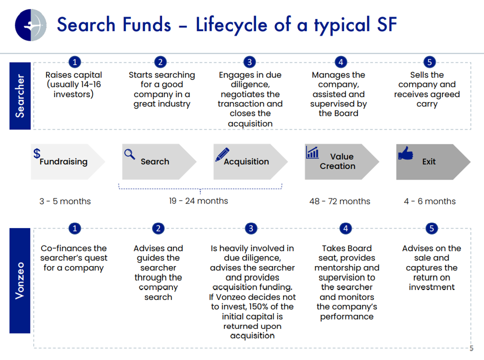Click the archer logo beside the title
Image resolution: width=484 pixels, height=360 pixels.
[x=30, y=25]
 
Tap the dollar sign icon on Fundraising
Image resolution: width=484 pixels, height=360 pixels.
[x=36, y=153]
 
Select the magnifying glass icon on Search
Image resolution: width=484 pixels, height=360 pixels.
[x=129, y=154]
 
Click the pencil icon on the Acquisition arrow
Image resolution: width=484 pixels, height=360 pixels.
[x=222, y=154]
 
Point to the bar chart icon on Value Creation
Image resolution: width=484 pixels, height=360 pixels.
[x=312, y=152]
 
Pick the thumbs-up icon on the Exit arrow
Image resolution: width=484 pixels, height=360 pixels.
[x=405, y=153]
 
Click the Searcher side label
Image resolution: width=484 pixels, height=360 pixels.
[x=20, y=95]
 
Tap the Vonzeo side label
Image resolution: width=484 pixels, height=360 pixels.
[x=20, y=280]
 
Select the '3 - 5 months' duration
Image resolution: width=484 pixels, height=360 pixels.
[x=65, y=201]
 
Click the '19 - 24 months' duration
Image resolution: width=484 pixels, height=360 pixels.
[x=198, y=201]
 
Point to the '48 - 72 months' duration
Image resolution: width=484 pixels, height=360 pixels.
[x=340, y=201]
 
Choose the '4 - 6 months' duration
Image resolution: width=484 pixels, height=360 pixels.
[x=429, y=201]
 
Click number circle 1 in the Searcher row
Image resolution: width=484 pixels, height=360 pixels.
[x=74, y=62]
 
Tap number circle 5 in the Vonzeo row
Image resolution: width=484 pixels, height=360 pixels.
[x=431, y=228]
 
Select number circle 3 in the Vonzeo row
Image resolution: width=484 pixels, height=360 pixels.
[x=251, y=228]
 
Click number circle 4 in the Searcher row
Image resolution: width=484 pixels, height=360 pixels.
[x=341, y=62]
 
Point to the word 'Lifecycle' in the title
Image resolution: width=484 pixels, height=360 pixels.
[x=231, y=24]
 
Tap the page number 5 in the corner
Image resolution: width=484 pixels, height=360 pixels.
[x=471, y=348]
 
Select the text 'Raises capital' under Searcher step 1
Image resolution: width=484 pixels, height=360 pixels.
[x=74, y=75]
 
